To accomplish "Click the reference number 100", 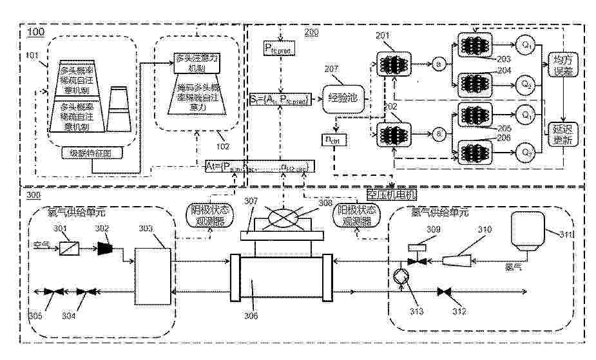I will (36, 30).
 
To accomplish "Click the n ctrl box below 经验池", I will (332, 138).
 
